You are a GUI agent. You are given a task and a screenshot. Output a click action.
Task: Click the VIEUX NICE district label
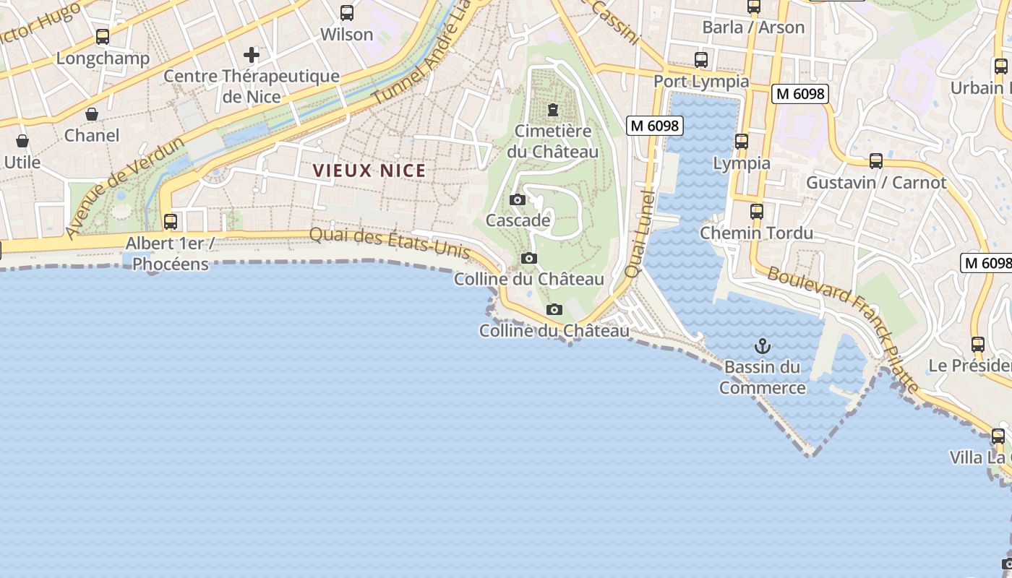pyautogui.click(x=369, y=171)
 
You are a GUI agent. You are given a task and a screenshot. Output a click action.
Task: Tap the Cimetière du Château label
pyautogui.click(x=553, y=142)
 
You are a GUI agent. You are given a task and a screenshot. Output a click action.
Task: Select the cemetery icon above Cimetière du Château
pyautogui.click(x=553, y=110)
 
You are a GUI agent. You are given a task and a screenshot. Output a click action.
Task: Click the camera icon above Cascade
pyautogui.click(x=518, y=199)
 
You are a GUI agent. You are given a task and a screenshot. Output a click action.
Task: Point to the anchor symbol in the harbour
pyautogui.click(x=762, y=346)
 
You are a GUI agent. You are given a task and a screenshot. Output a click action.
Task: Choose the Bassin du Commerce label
pyautogui.click(x=762, y=378)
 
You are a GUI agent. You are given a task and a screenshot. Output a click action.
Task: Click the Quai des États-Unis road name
pyautogui.click(x=390, y=243)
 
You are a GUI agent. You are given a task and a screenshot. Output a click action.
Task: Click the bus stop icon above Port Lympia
pyautogui.click(x=700, y=60)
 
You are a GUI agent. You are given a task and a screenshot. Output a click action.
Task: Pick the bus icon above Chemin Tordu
pyautogui.click(x=756, y=212)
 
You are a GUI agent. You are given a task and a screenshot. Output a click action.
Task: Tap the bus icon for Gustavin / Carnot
pyautogui.click(x=875, y=161)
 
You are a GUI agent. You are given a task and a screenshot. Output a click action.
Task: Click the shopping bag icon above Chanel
pyautogui.click(x=92, y=114)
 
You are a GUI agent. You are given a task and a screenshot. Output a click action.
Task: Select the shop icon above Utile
pyautogui.click(x=22, y=141)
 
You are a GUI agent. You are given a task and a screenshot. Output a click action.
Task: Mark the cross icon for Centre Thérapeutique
pyautogui.click(x=251, y=55)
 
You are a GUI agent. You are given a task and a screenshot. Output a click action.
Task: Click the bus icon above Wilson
pyautogui.click(x=347, y=13)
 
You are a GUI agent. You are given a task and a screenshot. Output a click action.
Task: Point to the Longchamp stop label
pyautogui.click(x=103, y=59)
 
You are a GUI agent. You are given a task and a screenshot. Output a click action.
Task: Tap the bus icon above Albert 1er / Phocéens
pyautogui.click(x=171, y=222)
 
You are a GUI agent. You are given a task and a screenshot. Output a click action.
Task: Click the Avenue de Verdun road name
pyautogui.click(x=124, y=188)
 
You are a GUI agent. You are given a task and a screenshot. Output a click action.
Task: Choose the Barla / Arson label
pyautogui.click(x=753, y=27)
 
